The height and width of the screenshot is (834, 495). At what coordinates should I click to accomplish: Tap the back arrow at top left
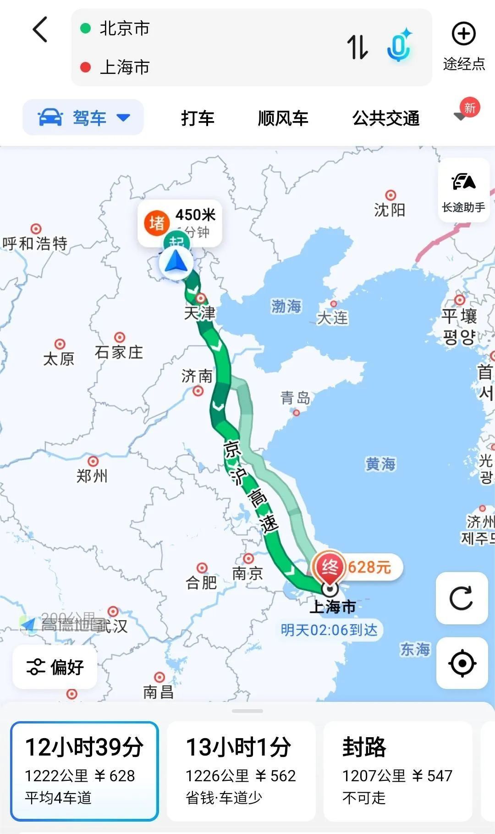click(40, 30)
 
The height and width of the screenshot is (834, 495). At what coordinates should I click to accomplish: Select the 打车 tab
click(198, 118)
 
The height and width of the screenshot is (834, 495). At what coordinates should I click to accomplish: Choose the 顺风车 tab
click(283, 118)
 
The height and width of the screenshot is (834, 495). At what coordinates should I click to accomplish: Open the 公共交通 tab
click(386, 118)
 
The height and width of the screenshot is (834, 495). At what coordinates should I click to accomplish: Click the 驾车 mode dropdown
click(83, 117)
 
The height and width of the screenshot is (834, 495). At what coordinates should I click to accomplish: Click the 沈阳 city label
click(390, 210)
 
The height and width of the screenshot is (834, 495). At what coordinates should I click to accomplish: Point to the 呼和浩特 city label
click(35, 243)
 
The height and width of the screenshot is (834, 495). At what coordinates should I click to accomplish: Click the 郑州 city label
click(92, 476)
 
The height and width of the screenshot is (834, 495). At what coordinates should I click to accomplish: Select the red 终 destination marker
click(329, 567)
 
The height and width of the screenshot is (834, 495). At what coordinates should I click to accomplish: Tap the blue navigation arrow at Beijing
click(176, 263)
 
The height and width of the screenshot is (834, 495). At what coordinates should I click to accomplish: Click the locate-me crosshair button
click(462, 663)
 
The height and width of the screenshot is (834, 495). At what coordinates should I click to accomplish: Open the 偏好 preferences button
click(55, 667)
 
